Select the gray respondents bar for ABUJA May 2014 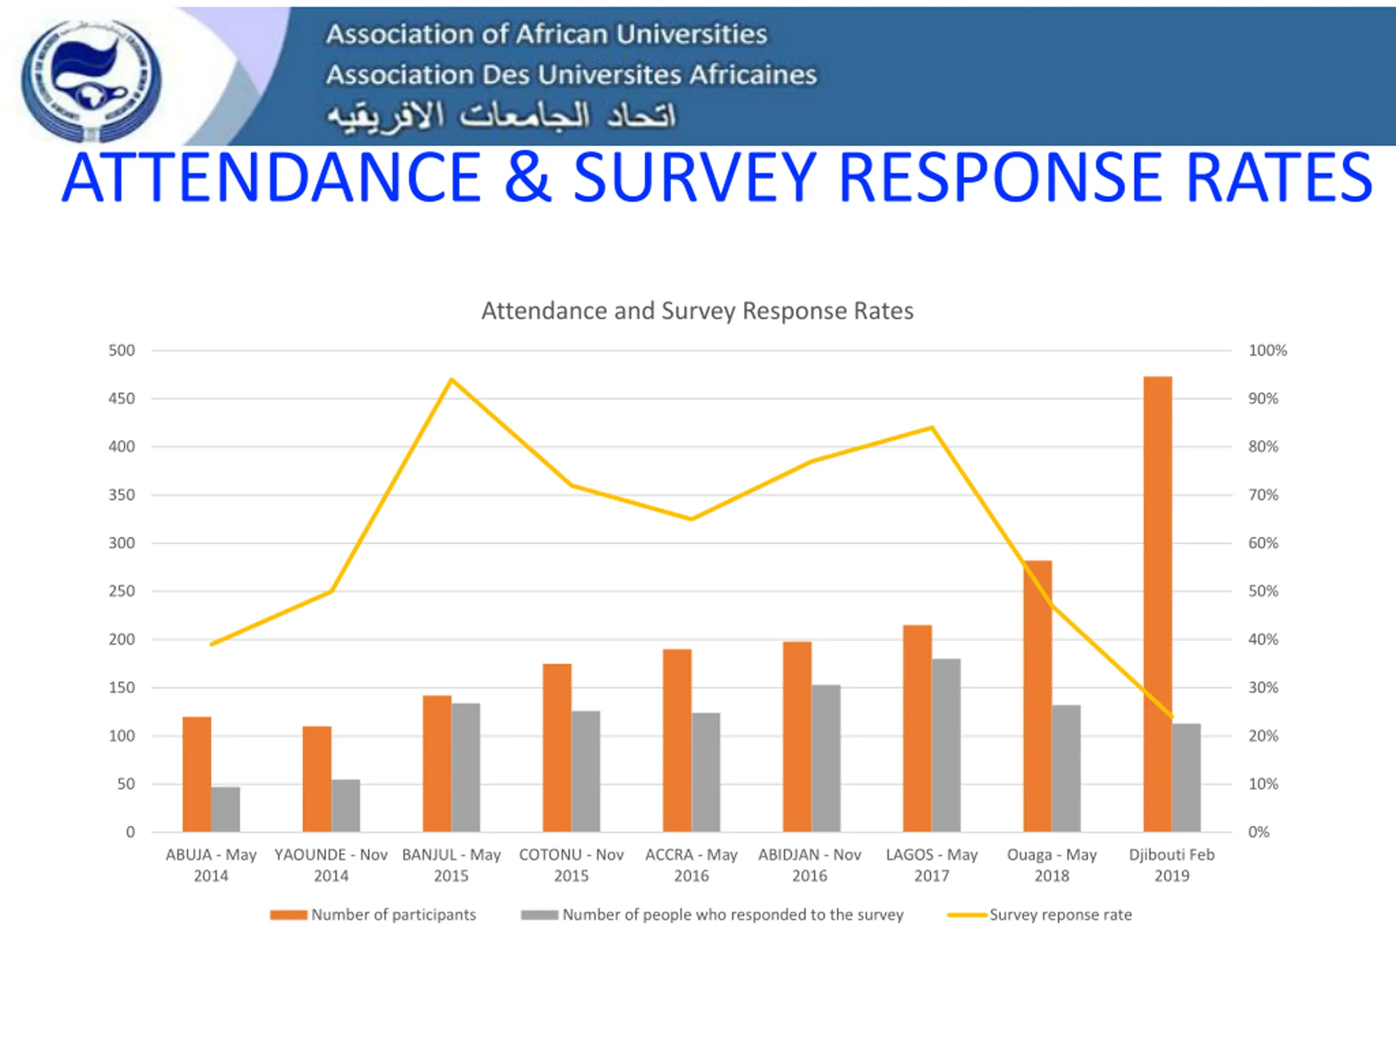tap(225, 809)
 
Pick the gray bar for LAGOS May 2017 tap(946, 745)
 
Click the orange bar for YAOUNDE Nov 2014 tap(317, 779)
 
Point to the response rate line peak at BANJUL tap(451, 380)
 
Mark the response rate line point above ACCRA tap(691, 519)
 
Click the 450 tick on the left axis tap(121, 399)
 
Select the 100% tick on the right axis tap(1267, 350)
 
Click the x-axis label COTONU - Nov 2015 tap(571, 865)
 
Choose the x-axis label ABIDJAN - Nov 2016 tap(810, 865)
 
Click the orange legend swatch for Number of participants tap(288, 915)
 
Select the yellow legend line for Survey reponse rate tap(967, 915)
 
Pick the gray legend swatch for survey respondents tap(540, 915)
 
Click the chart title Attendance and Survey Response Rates tap(697, 311)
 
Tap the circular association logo tap(91, 80)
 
